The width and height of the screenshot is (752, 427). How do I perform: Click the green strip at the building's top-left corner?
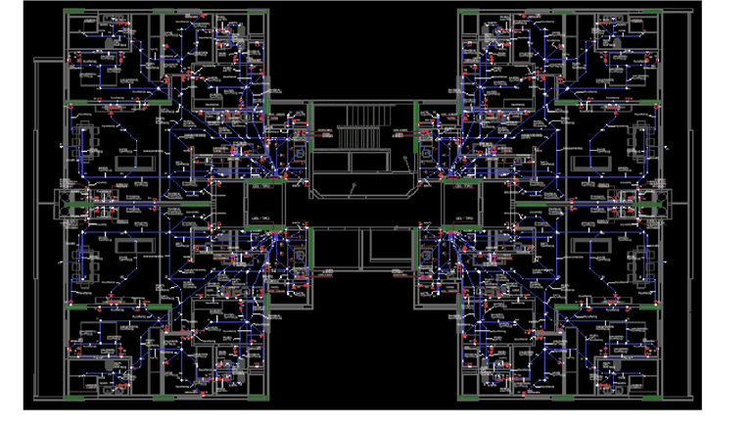coord(77,12)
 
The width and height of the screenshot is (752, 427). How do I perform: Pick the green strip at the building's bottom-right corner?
coord(645,397)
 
